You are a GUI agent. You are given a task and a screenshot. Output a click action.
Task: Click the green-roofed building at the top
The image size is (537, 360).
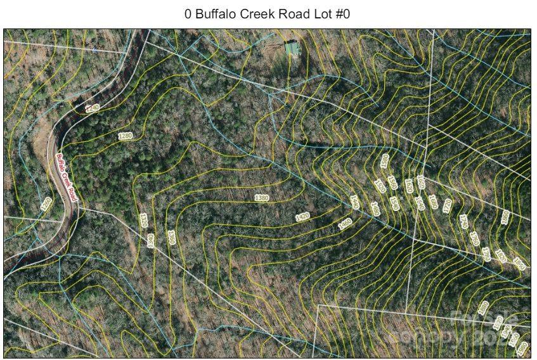point(292,48)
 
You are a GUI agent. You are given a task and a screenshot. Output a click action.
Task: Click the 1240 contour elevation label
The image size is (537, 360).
point(93,108)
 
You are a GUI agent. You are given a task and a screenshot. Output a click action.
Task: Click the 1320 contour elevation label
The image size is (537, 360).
point(143,220)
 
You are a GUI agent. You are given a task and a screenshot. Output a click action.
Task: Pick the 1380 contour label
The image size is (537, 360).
point(261,198)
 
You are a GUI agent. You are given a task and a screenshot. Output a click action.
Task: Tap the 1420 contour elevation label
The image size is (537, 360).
point(302,217)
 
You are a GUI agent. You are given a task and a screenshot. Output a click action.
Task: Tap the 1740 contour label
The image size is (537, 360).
point(463,221)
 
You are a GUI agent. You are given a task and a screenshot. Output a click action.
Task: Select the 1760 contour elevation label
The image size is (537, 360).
point(486,254)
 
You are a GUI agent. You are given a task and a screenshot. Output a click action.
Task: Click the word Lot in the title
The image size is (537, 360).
point(316,15)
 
